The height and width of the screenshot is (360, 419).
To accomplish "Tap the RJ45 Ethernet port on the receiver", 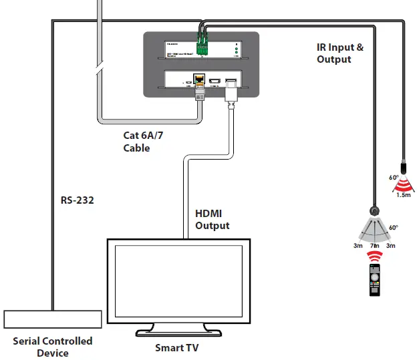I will [x=198, y=82].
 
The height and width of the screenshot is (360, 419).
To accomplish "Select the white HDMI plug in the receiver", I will [x=231, y=91].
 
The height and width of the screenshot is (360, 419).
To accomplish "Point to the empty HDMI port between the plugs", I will [x=215, y=82].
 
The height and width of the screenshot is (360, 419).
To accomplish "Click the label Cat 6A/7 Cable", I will [x=143, y=142].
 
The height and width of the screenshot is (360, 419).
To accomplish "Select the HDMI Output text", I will [x=212, y=220].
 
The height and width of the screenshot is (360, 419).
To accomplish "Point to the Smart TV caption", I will [x=176, y=347].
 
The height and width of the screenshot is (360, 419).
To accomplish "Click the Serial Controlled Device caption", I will [x=53, y=346].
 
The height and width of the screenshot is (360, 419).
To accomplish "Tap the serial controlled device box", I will [x=53, y=319].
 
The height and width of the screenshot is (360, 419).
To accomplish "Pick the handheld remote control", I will [x=376, y=281].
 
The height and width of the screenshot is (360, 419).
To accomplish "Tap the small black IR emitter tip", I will [x=403, y=165].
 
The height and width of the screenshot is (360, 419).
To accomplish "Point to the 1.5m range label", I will [x=404, y=194].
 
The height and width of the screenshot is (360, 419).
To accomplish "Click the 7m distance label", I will [x=375, y=246].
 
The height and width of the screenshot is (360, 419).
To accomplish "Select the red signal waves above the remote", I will [x=376, y=256].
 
